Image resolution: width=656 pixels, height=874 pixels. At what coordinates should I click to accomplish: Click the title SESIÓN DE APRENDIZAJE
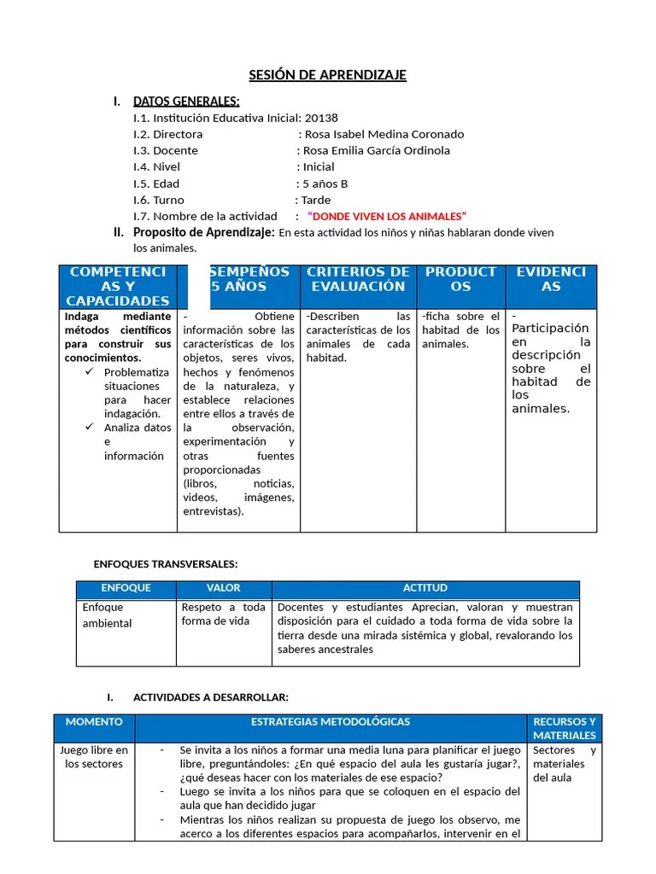[327, 75]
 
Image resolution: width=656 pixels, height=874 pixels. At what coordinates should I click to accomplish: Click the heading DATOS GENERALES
[186, 102]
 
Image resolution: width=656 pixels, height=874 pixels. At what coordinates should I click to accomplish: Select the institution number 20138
[321, 118]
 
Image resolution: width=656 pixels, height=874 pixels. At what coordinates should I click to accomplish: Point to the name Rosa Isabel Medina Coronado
[384, 134]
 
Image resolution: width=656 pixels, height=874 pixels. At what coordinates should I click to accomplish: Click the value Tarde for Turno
[315, 200]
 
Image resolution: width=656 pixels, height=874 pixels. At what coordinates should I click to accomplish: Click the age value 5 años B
[325, 184]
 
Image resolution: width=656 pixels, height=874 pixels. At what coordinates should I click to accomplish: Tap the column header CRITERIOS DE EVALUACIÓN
[358, 279]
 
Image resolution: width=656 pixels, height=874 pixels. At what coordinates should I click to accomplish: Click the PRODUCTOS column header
[460, 279]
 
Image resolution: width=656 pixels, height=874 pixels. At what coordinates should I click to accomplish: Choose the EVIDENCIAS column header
[551, 279]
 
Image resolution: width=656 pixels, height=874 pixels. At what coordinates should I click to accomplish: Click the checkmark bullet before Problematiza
[91, 372]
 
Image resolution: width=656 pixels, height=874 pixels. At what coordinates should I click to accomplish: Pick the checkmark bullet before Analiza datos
[91, 428]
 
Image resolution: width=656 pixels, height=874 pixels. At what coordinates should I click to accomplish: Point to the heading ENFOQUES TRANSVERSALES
[165, 564]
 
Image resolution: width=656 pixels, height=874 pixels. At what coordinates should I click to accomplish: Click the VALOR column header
[223, 588]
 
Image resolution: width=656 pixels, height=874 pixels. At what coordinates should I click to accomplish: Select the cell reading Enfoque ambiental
[107, 615]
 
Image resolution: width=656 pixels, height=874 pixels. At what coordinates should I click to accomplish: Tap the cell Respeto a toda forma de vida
[223, 615]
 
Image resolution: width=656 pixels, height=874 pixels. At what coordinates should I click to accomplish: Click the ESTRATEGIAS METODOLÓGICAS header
[331, 722]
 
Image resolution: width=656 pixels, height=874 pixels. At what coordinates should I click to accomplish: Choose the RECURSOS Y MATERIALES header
[564, 728]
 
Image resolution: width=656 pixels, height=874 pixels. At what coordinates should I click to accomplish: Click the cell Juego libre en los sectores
[94, 757]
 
